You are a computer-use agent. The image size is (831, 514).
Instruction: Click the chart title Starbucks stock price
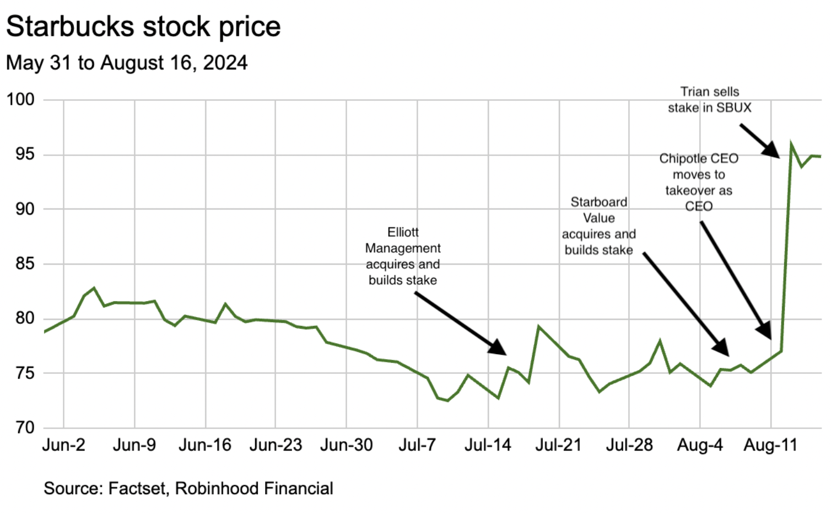(x=143, y=26)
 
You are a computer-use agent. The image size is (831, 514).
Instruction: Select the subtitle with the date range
(x=127, y=63)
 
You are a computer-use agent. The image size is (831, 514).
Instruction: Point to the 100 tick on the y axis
(x=20, y=100)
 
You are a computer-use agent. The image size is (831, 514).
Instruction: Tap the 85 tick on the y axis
(x=25, y=264)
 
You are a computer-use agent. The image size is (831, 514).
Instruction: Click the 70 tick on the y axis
(x=25, y=427)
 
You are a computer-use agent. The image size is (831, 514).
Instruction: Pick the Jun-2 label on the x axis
(x=63, y=445)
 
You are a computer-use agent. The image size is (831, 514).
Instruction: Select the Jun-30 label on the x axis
(x=346, y=445)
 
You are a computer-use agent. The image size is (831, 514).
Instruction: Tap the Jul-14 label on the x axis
(x=488, y=445)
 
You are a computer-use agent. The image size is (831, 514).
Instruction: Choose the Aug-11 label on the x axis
(x=770, y=445)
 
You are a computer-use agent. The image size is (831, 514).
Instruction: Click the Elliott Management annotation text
(x=403, y=256)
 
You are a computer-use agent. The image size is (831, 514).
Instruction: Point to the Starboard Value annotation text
(x=599, y=226)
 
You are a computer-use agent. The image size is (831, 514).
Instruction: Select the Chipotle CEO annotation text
(x=699, y=182)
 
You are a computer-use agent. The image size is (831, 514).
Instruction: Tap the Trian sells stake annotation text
(x=710, y=100)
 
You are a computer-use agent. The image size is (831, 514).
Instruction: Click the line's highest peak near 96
(x=791, y=146)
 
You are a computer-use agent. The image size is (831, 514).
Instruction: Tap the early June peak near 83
(x=94, y=288)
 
